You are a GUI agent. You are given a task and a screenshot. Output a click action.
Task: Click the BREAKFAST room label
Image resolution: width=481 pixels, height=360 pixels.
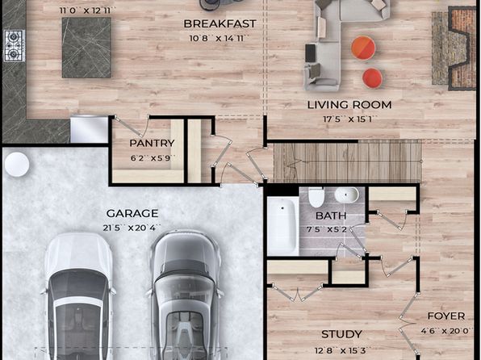pos(220,23)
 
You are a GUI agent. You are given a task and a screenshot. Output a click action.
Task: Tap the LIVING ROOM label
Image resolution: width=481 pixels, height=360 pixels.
pos(349,105)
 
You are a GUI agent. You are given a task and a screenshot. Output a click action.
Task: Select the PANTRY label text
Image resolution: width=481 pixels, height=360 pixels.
pos(152,143)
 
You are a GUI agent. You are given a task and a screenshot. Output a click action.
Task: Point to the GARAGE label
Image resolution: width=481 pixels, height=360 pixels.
pos(132,213)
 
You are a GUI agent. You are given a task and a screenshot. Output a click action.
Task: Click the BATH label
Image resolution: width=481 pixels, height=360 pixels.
pos(331,216)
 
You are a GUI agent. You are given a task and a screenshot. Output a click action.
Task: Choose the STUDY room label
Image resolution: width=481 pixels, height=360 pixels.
pos(341,334)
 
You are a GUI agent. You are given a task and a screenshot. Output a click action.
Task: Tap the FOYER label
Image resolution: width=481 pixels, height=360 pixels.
pos(446,316)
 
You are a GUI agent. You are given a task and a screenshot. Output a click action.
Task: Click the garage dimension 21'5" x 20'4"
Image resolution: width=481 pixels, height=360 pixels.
pos(132,228)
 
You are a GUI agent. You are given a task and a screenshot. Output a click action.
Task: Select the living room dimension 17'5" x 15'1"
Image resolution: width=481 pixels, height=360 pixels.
pos(349,119)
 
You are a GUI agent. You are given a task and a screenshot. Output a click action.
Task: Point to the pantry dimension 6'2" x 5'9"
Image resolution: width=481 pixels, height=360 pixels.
pos(153,158)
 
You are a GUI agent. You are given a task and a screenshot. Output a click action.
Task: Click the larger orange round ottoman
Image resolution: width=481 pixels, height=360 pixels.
pos(363,48)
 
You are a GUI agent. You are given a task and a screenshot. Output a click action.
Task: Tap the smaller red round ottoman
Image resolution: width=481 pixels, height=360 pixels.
pos(372,78)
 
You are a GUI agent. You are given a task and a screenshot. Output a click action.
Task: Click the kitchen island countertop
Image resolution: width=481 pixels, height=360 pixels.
pos(86,48)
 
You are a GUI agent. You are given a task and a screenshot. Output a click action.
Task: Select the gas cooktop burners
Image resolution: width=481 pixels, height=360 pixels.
pos(14,46)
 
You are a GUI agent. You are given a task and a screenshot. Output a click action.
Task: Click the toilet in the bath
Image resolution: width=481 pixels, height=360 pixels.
pos(316,197)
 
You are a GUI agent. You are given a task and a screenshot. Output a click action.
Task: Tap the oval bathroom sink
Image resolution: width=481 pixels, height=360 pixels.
pos(347,195)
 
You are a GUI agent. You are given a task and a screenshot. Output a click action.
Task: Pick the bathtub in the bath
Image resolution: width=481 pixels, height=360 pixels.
pos(282,225)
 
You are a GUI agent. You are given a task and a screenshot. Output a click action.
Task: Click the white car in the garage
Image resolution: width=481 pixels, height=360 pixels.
pos(78,296)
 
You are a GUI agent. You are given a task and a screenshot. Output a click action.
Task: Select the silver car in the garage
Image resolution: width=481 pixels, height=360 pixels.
pos(185,295)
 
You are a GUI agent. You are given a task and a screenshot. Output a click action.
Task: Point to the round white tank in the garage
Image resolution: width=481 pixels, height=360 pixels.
pos(17,165)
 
